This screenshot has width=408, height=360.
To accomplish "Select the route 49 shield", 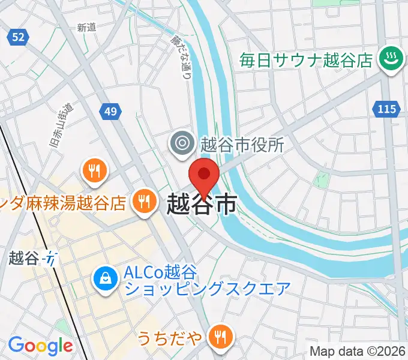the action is [109, 111].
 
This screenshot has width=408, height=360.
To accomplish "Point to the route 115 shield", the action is [387, 109].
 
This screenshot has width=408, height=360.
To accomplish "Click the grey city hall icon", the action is [180, 143].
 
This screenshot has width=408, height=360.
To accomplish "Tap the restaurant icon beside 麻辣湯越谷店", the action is [143, 202].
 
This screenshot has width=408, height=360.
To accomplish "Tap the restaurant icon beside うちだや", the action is [221, 338].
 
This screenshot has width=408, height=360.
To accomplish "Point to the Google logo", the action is [40, 346].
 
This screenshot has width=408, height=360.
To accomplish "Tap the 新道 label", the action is [87, 27].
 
